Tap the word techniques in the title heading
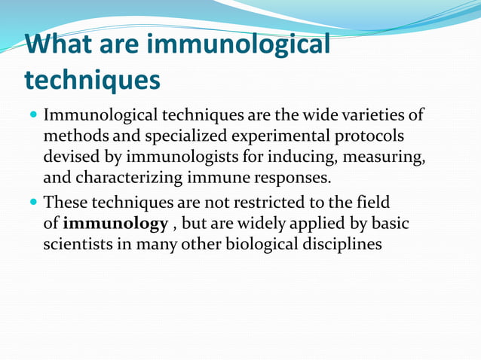93,78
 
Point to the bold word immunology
115,224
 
